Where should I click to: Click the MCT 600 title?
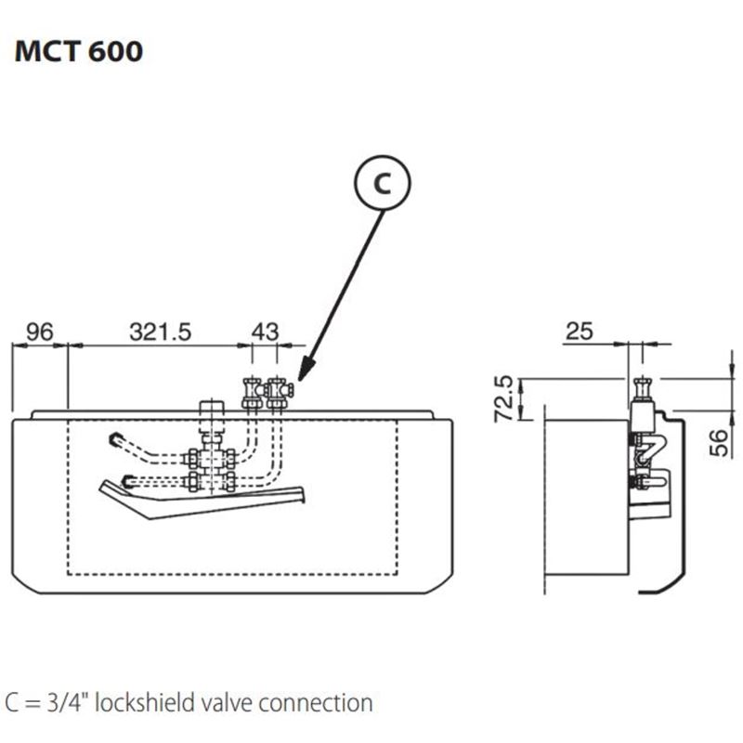click(x=79, y=50)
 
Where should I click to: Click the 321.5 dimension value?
click(x=160, y=332)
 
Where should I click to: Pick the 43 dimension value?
click(x=266, y=332)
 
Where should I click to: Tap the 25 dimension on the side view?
click(x=580, y=332)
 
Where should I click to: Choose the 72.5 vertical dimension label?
click(x=503, y=398)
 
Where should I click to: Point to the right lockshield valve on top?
click(x=278, y=395)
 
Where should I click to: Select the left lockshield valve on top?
click(x=250, y=395)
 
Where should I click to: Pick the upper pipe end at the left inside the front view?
click(x=115, y=438)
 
